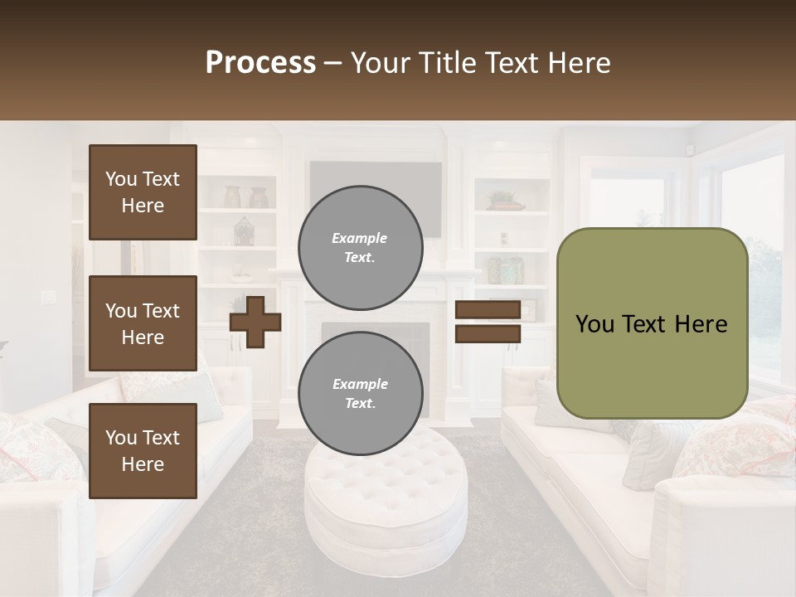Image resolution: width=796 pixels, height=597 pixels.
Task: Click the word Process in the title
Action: (x=260, y=63)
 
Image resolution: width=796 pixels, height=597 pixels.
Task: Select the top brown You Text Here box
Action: (x=143, y=192)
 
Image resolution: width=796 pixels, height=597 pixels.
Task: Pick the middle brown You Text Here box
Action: (x=143, y=323)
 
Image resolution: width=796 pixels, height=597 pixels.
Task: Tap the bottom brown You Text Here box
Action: (x=143, y=450)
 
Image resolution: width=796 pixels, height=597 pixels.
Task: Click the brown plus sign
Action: (x=255, y=322)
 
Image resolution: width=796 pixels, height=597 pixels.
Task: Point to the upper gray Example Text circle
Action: (x=361, y=247)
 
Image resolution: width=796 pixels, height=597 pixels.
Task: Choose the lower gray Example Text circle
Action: (x=361, y=393)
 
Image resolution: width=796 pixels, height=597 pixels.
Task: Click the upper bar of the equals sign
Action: (x=488, y=310)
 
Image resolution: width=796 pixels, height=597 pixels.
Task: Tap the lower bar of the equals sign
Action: (x=488, y=333)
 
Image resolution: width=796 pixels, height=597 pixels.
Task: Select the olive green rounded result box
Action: (x=652, y=323)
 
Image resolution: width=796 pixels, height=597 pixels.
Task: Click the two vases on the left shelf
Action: (x=246, y=197)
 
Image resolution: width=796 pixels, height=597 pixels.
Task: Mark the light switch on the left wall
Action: (x=46, y=297)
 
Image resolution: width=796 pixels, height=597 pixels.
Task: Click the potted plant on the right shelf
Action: (x=503, y=200)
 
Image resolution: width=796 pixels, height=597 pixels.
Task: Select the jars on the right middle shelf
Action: (x=505, y=269)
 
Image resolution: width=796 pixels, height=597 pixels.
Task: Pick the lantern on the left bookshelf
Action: (x=243, y=231)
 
